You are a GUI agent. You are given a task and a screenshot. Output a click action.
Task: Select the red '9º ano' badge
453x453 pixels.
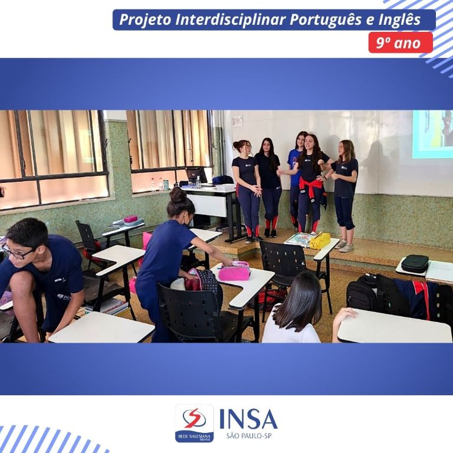pos(400,42)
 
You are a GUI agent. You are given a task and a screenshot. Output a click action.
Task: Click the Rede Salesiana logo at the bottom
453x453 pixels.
pos(195,424)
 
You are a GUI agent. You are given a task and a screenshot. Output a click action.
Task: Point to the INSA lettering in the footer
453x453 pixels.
pos(248,419)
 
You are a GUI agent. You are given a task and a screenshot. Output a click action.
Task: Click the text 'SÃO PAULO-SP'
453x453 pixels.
pos(249,435)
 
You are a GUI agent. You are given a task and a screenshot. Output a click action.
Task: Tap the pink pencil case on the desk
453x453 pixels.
pos(234,271)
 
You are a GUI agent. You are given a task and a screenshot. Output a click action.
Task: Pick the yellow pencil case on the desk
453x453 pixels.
pos(320,241)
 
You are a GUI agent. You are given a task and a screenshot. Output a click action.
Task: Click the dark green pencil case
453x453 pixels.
pos(415,263)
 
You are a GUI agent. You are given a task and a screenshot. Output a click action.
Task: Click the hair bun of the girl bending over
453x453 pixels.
pos(178,195)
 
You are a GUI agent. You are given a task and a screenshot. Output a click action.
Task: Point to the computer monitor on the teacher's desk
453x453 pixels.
pos(196,175)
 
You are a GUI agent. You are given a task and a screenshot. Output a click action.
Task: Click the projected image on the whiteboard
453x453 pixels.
pos(432,134)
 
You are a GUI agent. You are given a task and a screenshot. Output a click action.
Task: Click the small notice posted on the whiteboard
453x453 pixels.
pos(237,122)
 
